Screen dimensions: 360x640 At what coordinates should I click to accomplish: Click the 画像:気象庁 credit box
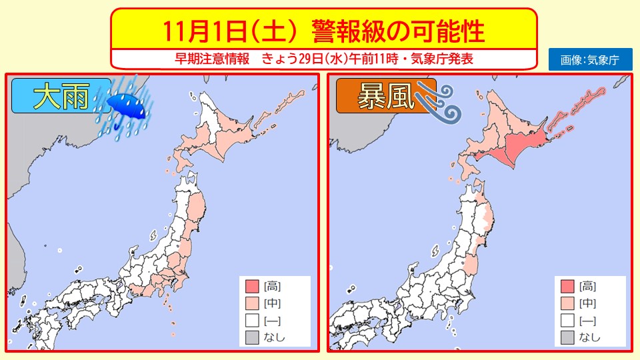[589, 59]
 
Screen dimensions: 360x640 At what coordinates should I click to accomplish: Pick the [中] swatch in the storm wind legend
[568, 303]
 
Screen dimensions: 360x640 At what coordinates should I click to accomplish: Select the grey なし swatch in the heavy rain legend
[251, 337]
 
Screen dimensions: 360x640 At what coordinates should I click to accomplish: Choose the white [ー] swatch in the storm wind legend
[568, 320]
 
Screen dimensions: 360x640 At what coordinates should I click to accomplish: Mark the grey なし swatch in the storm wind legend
[568, 337]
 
